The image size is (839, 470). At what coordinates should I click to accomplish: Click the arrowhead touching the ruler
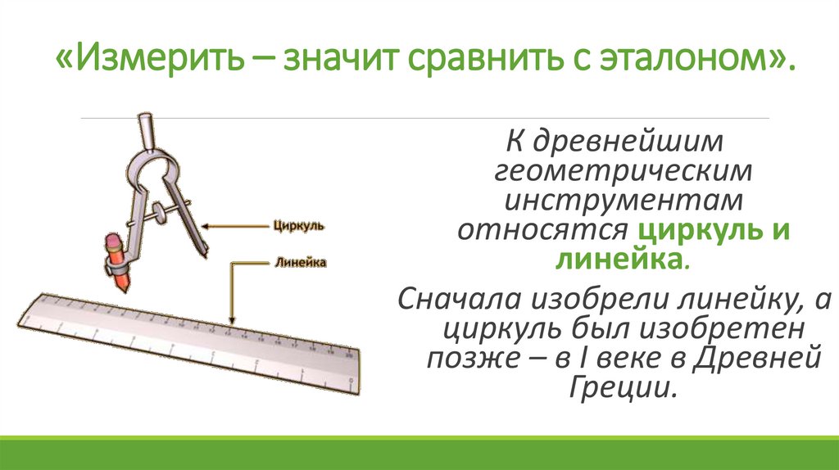[234, 322]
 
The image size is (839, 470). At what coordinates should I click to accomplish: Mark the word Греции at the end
[623, 388]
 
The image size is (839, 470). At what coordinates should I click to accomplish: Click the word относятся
[542, 230]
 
